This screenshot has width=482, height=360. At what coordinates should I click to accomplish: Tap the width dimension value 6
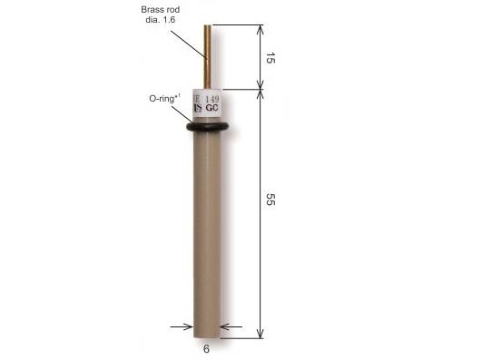tap(206, 348)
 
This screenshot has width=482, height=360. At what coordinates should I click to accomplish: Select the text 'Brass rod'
tap(161, 9)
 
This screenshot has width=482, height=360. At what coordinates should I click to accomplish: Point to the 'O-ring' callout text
tap(164, 95)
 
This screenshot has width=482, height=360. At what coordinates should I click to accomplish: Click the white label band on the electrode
tap(208, 105)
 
